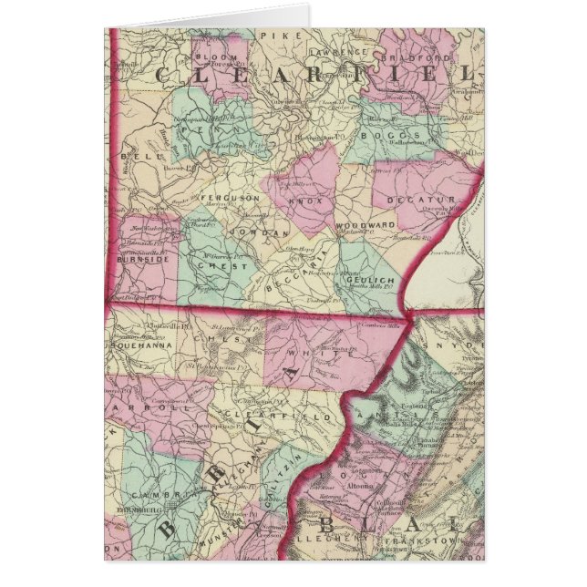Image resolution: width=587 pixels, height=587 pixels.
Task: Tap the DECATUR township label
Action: [425, 200]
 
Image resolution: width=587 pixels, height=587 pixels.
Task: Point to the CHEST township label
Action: [230, 267]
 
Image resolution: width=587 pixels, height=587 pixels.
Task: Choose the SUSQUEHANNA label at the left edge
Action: [136, 347]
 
